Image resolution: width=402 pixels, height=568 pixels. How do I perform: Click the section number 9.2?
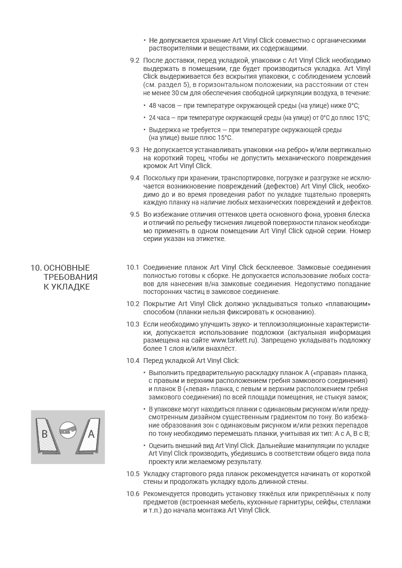pos(135,60)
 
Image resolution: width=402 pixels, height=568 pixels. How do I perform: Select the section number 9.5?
pos(135,214)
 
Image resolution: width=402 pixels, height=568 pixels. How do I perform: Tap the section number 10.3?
pos(133,324)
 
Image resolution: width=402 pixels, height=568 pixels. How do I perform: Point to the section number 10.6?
pos(133,494)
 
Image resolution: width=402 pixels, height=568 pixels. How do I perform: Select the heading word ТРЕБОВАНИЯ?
pos(70,277)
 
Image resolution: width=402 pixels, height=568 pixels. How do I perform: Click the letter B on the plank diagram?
pos(44,434)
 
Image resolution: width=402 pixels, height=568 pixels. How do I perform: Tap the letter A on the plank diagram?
pos(91,434)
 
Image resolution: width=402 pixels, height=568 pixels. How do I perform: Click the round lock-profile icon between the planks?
pos(68,429)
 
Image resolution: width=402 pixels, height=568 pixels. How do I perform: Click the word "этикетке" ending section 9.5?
pos(210,239)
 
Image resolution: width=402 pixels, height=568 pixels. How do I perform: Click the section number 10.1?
pos(133,267)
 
